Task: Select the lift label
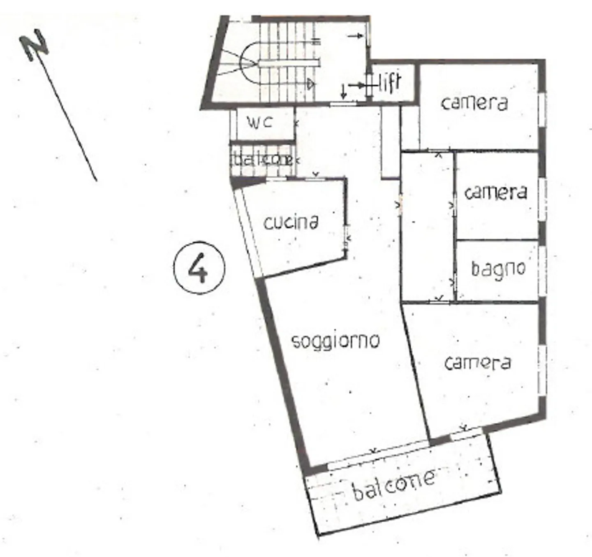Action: tap(389, 83)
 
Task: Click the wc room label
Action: tap(260, 122)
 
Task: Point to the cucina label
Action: tap(291, 223)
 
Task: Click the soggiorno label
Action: tap(335, 341)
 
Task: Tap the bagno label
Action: tap(498, 269)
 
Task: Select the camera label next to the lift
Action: tap(474, 103)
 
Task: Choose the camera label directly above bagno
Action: tap(495, 193)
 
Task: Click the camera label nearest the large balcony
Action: tap(478, 363)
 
